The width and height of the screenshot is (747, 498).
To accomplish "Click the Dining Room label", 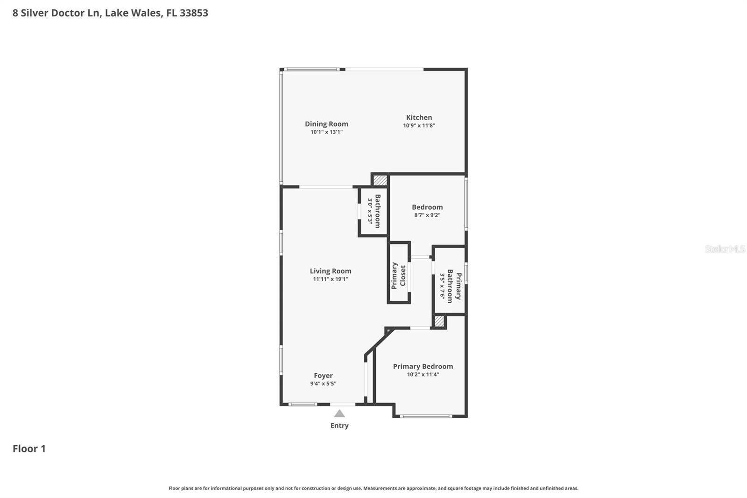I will (326, 124).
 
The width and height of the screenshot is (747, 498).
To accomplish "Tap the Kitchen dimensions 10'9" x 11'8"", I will (419, 126).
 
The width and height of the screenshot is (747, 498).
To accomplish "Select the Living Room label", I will (330, 271).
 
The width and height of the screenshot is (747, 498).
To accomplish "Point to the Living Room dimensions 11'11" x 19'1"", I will (330, 279).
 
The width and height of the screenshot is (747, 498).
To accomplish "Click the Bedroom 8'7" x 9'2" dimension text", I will (427, 215).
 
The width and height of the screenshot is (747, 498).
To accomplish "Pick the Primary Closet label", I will (398, 276).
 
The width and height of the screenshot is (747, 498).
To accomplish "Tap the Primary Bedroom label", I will (423, 366).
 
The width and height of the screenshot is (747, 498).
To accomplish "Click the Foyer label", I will (323, 376).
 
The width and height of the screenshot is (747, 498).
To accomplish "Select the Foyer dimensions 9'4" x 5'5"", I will (323, 384).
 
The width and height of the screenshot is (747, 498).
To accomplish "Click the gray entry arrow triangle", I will (339, 413).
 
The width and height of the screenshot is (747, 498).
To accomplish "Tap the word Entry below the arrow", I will (339, 426).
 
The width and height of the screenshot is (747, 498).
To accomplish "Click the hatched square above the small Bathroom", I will (380, 180).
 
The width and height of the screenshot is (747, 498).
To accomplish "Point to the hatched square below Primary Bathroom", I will (439, 321).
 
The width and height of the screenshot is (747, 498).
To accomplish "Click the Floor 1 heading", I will (29, 448).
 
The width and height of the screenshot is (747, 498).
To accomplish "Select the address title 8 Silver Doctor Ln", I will (110, 13).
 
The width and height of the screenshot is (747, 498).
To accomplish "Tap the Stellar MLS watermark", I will (725, 249).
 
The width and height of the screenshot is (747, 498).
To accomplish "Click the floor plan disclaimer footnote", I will (373, 488).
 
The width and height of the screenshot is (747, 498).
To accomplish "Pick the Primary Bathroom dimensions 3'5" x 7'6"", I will (442, 286).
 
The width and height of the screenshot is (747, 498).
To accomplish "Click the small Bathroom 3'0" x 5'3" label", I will (374, 211).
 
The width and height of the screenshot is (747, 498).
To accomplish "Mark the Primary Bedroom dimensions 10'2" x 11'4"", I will (423, 375).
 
